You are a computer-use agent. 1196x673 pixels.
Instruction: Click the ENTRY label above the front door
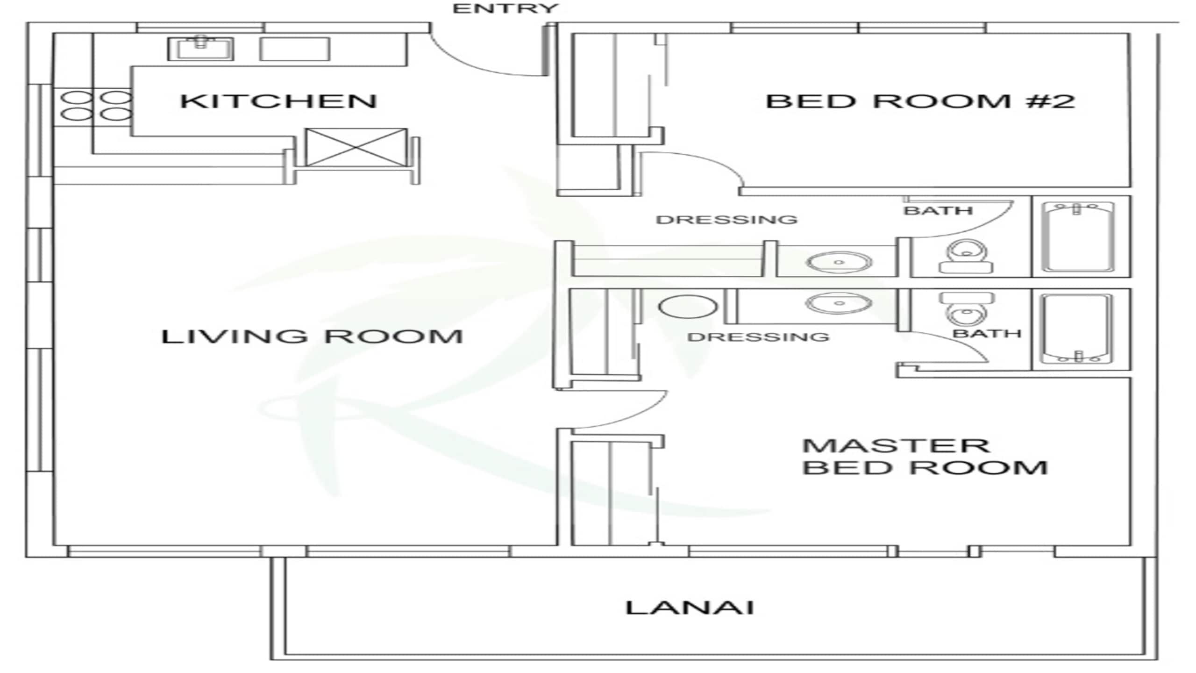505,8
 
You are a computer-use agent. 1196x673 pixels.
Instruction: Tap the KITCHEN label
278,101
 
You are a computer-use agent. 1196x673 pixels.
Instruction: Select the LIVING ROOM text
312,336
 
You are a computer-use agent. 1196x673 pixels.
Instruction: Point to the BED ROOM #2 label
920,101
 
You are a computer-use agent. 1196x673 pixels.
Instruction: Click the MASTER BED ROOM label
925,457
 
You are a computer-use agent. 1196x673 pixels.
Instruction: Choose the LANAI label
690,608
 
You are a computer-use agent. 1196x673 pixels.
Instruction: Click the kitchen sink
200,48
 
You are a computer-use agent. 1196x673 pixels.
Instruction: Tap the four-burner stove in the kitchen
96,106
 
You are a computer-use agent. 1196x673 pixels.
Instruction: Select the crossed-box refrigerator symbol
356,147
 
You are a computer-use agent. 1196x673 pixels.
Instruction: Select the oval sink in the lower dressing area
839,303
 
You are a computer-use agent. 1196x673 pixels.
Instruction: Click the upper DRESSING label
727,220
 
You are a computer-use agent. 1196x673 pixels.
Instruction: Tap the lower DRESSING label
758,337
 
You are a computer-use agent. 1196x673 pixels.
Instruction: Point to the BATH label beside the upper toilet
938,211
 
